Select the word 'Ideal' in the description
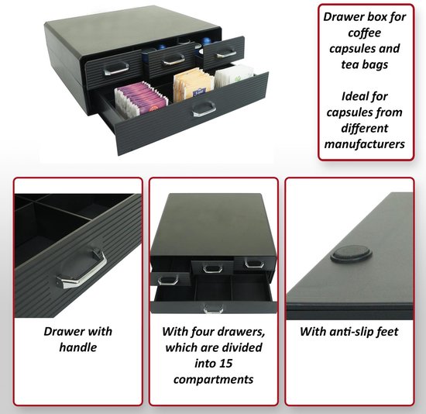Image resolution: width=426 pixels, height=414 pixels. tap(342, 96)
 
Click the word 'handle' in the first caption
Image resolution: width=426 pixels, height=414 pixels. tap(77, 347)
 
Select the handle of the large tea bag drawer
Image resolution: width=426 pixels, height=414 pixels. tap(203, 108)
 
